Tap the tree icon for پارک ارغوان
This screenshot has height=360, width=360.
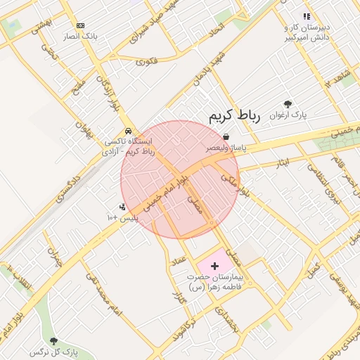pos(287,105)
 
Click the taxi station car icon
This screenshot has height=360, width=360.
pos(127,131)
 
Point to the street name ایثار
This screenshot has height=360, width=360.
pos(281,163)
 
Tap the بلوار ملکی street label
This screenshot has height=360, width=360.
pos(231,184)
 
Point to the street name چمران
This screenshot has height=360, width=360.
pos(55,258)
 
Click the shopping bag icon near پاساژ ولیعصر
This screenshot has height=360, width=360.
pos(225,136)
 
